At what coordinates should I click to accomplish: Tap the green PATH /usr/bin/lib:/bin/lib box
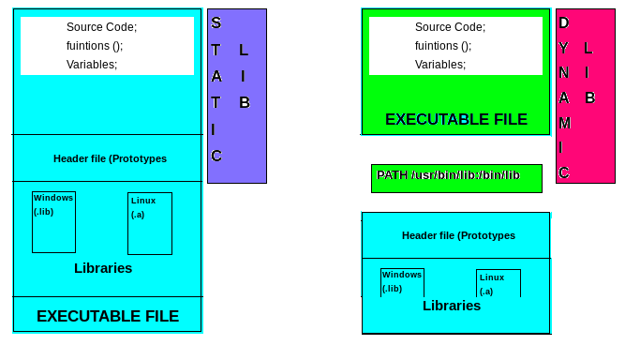[x=455, y=177]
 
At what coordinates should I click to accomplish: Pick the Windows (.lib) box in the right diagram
[x=402, y=282]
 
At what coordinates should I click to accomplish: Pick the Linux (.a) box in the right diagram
[x=498, y=283]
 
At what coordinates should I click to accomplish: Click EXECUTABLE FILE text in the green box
[x=455, y=120]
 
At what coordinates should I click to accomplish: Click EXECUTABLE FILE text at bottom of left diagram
[x=108, y=317]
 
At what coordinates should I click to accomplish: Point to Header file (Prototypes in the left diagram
[x=110, y=158]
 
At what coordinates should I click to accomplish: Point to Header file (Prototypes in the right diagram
[x=458, y=235]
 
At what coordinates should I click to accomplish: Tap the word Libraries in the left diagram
[x=103, y=268]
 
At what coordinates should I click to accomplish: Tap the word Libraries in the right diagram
[x=452, y=306]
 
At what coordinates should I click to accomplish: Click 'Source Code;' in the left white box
[x=101, y=27]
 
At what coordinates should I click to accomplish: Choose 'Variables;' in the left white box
[x=92, y=65]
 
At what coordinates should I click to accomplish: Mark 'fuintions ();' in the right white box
[x=443, y=46]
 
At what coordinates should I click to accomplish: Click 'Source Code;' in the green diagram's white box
[x=450, y=27]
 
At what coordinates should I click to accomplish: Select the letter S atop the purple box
[x=216, y=22]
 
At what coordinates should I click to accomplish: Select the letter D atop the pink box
[x=563, y=22]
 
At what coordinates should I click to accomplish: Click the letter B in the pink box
[x=590, y=97]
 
